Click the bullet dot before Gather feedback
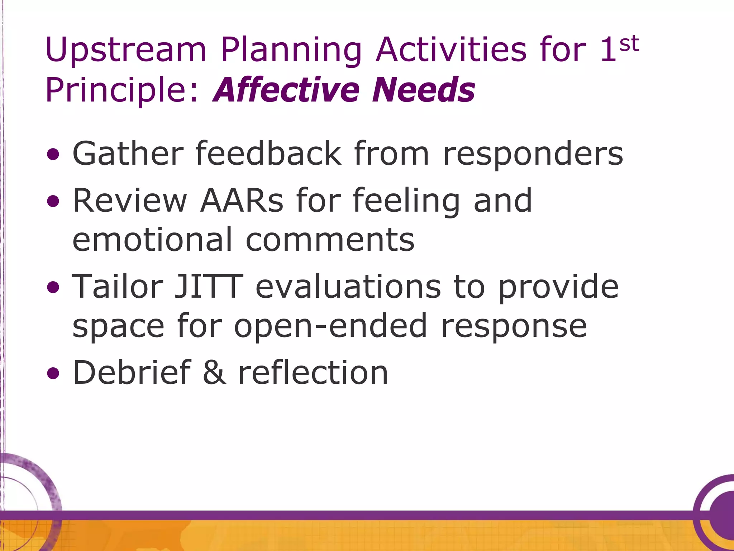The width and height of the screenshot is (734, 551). click(x=53, y=155)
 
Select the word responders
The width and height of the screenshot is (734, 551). click(x=533, y=155)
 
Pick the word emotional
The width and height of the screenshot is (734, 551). click(x=153, y=240)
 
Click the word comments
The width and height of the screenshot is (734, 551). click(x=330, y=240)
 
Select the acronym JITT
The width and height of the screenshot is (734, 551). click(x=209, y=287)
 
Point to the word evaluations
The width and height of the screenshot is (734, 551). click(x=348, y=287)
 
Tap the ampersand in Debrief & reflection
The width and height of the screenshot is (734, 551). click(x=214, y=373)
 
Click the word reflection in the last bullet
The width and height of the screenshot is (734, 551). click(x=313, y=373)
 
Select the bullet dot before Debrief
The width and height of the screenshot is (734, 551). click(x=53, y=373)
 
